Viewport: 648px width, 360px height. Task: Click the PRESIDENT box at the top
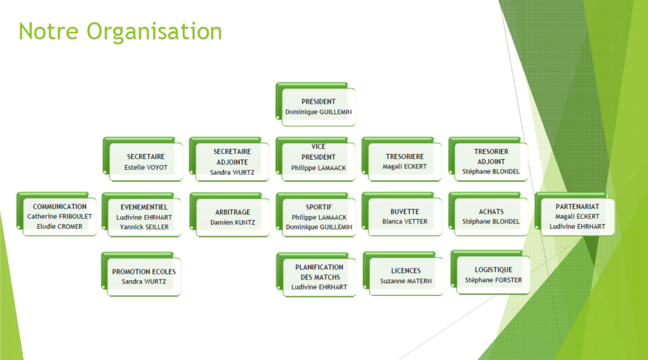click(x=316, y=104)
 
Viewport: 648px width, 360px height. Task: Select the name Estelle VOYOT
click(x=146, y=167)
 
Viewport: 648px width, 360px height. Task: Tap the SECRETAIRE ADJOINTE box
click(x=230, y=160)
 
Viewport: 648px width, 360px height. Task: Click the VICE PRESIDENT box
click(x=316, y=160)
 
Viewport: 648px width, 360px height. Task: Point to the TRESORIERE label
click(x=405, y=157)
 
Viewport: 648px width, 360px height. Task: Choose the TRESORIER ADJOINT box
click(x=488, y=160)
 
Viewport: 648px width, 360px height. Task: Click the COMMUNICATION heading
click(x=60, y=206)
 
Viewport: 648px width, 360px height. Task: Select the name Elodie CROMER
click(x=60, y=227)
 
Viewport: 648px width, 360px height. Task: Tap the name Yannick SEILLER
click(x=144, y=227)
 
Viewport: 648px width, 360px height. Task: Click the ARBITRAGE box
click(x=230, y=215)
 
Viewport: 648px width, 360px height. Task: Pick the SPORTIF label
click(x=319, y=207)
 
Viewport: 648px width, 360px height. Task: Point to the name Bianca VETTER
click(x=405, y=222)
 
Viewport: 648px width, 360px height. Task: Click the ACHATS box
click(x=488, y=214)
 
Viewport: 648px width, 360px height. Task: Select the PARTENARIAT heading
click(x=577, y=206)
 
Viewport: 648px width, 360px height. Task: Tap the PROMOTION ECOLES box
click(x=141, y=274)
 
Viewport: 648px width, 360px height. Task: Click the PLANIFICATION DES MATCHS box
click(x=316, y=274)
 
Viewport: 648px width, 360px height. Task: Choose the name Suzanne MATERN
click(x=406, y=281)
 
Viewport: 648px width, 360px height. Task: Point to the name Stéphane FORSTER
click(x=493, y=280)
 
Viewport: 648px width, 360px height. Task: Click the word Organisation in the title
click(x=154, y=32)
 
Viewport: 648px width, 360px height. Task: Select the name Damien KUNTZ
click(x=233, y=222)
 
